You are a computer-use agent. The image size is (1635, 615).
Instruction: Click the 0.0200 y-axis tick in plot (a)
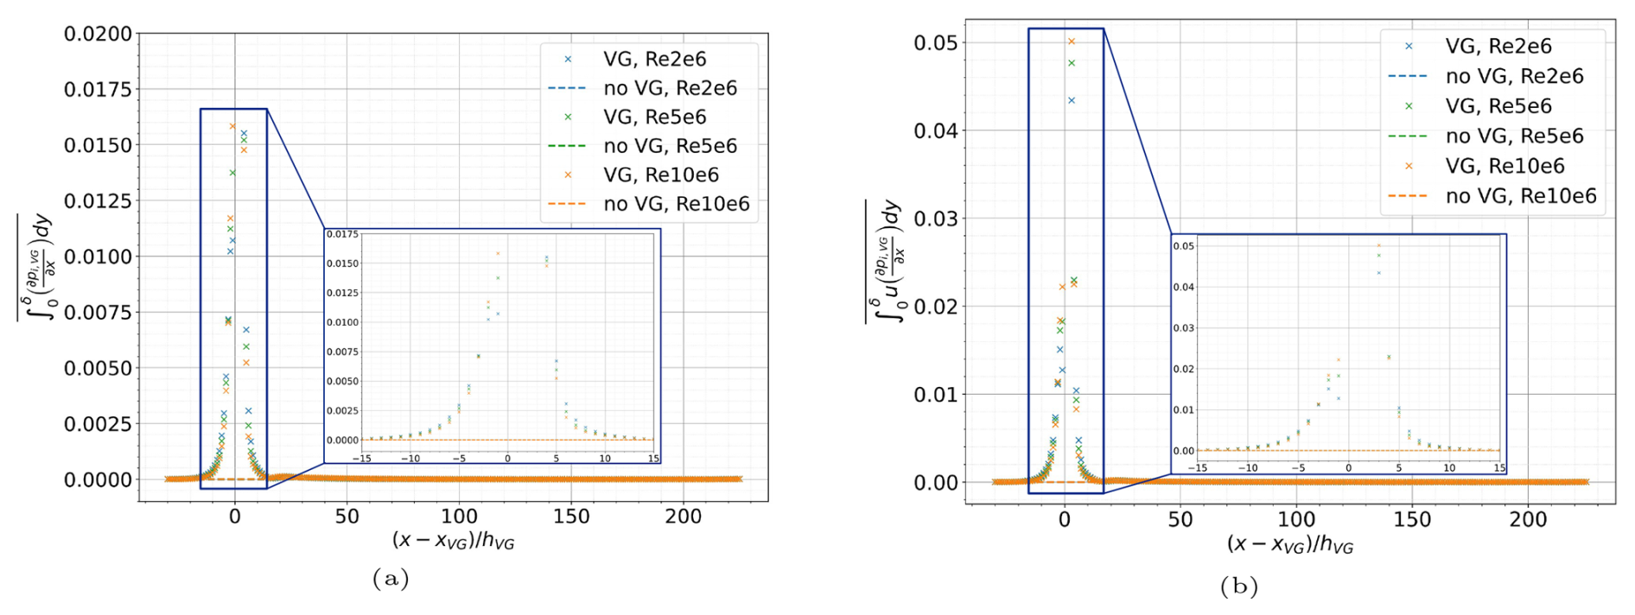click(98, 34)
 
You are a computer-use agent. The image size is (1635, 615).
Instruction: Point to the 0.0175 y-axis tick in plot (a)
click(98, 90)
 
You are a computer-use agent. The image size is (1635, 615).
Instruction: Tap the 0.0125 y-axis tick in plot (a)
click(98, 201)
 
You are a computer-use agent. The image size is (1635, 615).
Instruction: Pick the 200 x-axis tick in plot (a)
click(684, 517)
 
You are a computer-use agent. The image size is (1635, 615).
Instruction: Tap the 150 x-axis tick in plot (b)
click(1412, 519)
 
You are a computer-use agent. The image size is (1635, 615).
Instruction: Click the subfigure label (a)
click(391, 578)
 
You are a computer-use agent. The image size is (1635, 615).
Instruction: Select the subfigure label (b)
click(1239, 586)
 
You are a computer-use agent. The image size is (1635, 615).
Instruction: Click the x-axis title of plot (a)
click(453, 540)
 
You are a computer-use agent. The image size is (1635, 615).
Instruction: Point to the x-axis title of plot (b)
click(1289, 544)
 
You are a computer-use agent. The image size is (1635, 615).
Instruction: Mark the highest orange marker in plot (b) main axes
click(1071, 41)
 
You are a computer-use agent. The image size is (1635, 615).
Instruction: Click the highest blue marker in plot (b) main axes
click(1072, 101)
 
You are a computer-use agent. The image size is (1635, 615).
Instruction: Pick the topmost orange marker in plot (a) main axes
click(232, 127)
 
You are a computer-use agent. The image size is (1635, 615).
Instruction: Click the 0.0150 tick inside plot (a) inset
click(342, 263)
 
